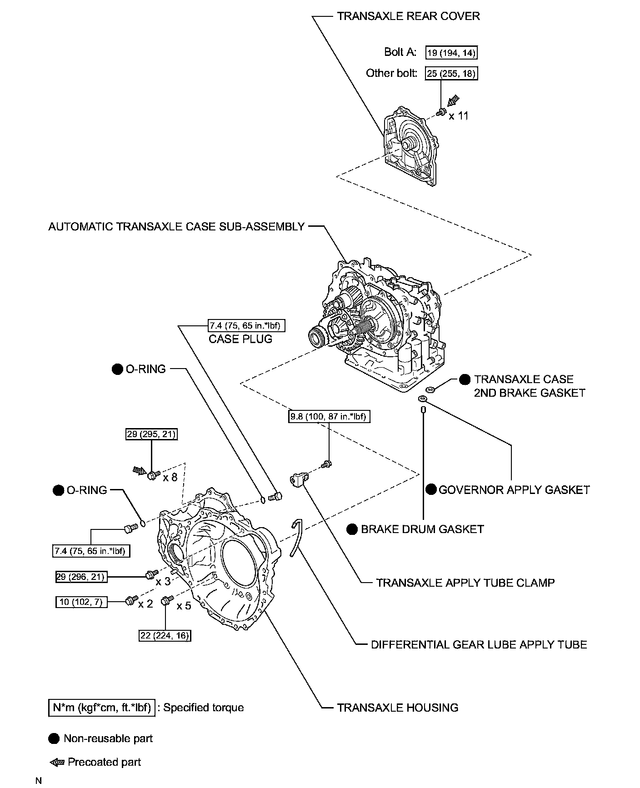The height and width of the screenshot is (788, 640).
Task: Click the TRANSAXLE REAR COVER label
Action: (x=408, y=16)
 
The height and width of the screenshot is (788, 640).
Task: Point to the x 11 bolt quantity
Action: (x=458, y=116)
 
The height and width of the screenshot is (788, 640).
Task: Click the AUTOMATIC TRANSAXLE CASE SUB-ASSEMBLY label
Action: (x=176, y=226)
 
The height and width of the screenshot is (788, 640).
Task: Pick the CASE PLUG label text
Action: (x=240, y=339)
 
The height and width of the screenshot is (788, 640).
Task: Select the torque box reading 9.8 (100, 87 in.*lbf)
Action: (x=329, y=416)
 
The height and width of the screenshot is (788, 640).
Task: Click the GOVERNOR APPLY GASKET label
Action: (x=514, y=489)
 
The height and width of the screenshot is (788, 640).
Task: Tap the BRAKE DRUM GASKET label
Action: (x=422, y=529)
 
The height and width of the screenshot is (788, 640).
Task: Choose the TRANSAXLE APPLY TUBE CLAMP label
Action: (x=465, y=583)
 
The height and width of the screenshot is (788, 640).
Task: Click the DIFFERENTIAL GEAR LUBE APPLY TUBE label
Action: (x=479, y=644)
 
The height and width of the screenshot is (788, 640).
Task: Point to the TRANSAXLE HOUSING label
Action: (x=398, y=708)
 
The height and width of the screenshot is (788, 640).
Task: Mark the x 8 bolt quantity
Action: (x=170, y=477)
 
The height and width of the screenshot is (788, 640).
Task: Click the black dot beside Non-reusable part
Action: (x=54, y=738)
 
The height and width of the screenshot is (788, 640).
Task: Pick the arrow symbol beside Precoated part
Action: (x=57, y=762)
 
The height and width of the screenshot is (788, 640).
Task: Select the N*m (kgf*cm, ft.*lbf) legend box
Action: (x=101, y=708)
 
